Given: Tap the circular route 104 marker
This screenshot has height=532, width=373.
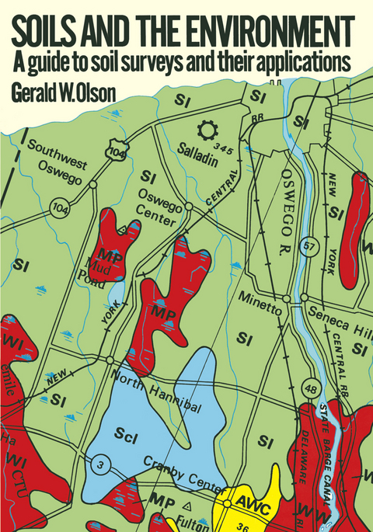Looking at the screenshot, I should click(58, 207).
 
